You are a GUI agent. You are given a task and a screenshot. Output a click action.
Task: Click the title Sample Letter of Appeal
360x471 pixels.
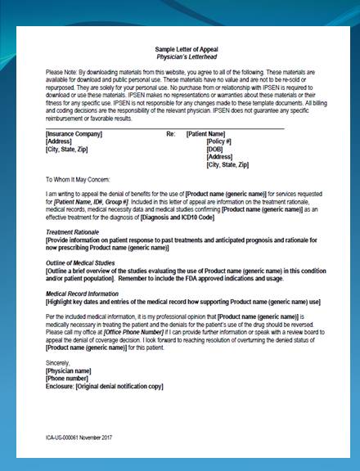pos(179,49)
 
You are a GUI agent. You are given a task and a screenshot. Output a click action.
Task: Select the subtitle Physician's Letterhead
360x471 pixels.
pos(179,57)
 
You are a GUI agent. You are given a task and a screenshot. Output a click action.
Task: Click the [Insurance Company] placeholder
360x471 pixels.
pos(74,132)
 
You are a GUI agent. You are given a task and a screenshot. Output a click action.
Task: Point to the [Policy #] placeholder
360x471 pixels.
pos(220,141)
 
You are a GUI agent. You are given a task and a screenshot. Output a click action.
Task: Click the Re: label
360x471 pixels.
pos(170,132)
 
